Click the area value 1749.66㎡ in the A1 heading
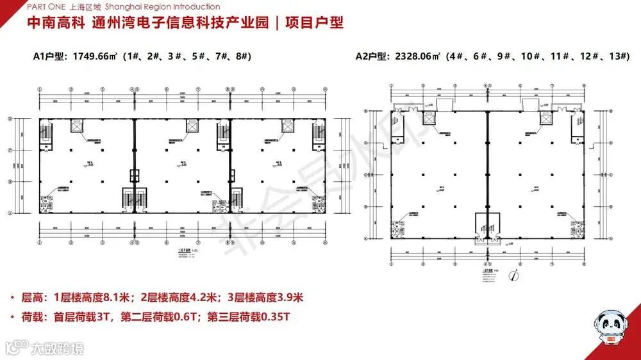tap(95, 56)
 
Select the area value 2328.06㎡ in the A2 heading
tap(415, 56)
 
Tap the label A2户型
tap(370, 56)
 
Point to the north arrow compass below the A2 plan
tap(513, 276)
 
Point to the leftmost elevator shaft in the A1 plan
tap(77, 127)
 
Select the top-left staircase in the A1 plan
tap(49, 135)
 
